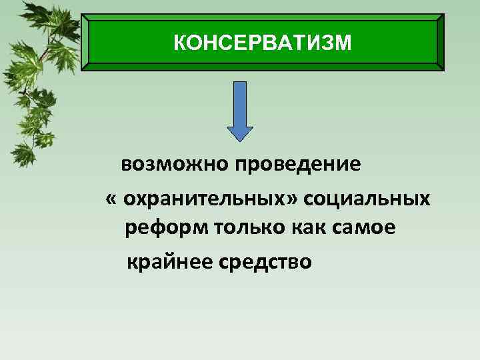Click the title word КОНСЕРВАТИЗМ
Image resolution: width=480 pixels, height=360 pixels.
(x=261, y=43)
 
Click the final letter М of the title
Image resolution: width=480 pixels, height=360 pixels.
(x=341, y=43)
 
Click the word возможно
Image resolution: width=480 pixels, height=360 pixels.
(x=173, y=164)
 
